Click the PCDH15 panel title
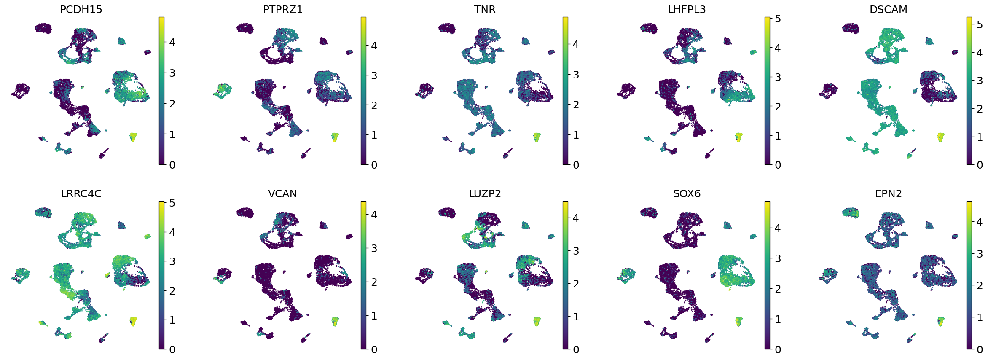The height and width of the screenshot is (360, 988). tap(81, 9)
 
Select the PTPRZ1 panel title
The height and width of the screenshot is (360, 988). tap(282, 9)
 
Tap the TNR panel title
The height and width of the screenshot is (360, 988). tap(484, 9)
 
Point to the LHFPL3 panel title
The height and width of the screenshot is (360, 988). tap(686, 9)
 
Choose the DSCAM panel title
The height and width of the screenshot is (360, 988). tap(888, 9)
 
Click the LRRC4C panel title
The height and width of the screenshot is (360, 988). tap(81, 193)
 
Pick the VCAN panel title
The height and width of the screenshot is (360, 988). tap(282, 193)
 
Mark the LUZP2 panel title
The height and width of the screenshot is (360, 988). tap(484, 193)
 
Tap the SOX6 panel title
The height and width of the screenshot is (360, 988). tap(686, 193)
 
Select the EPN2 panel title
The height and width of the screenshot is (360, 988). tap(888, 193)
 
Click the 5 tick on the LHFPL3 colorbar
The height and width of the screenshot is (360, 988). tap(778, 19)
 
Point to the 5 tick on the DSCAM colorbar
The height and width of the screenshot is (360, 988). tap(980, 24)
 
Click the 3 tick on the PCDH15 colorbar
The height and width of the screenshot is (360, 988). tap(172, 73)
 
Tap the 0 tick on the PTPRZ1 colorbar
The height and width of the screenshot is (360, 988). tap(374, 165)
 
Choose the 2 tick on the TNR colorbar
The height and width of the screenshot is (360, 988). tap(576, 105)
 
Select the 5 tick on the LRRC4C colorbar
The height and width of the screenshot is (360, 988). tap(172, 203)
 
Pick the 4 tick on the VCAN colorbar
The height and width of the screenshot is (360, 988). tap(374, 215)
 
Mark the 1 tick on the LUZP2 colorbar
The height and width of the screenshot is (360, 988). tap(576, 317)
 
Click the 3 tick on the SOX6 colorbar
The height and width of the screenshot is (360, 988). tap(778, 258)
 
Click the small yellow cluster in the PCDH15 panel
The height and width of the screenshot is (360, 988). tap(133, 137)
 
